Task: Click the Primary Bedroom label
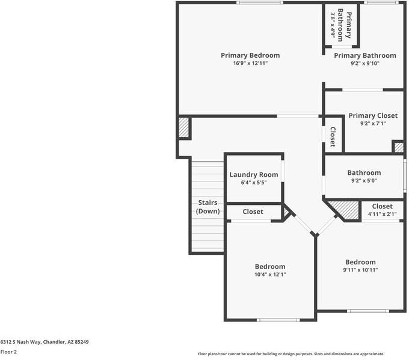[x=250, y=55]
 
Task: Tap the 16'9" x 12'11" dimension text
[x=250, y=63]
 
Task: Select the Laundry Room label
[x=253, y=175]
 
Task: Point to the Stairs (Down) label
[x=208, y=207]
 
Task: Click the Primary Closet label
[x=372, y=115]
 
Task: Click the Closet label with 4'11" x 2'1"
[x=382, y=206]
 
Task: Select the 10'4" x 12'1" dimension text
[x=270, y=275]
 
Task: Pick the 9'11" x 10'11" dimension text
[x=360, y=270]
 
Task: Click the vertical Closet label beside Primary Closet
[x=332, y=136]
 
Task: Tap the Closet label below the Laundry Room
[x=253, y=212]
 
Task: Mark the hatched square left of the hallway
[x=184, y=128]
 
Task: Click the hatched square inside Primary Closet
[x=398, y=147]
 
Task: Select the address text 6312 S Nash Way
[x=45, y=342]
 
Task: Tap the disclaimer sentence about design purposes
[x=291, y=354]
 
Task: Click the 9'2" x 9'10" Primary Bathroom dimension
[x=365, y=63]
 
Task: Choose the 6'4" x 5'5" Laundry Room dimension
[x=253, y=182]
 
